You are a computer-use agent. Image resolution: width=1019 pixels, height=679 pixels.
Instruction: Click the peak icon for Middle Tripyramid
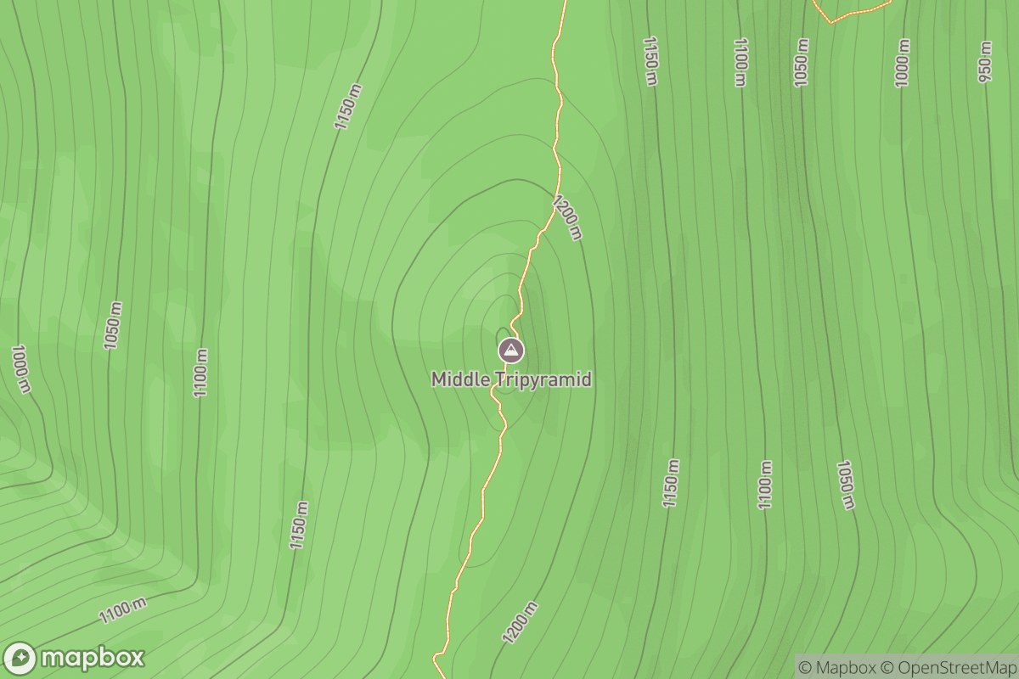pyautogui.click(x=510, y=350)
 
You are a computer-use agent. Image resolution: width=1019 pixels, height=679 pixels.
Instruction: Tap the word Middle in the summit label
pyautogui.click(x=459, y=379)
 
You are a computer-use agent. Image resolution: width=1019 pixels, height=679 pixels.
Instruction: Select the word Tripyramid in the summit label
pyautogui.click(x=542, y=379)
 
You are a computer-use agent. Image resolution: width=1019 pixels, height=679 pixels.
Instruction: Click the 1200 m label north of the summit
pyautogui.click(x=567, y=217)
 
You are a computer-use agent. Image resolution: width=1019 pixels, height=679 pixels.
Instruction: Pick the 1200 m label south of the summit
pyautogui.click(x=520, y=622)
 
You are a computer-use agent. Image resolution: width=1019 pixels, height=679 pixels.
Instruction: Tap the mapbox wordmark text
pyautogui.click(x=93, y=658)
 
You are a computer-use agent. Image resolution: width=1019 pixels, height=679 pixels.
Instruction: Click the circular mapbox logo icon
pyautogui.click(x=20, y=659)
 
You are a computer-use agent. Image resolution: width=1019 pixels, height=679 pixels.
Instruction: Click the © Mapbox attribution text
pyautogui.click(x=837, y=667)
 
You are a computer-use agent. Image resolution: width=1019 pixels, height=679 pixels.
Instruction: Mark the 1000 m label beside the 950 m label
pyautogui.click(x=902, y=62)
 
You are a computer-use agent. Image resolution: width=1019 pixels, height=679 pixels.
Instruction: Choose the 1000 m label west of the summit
pyautogui.click(x=21, y=368)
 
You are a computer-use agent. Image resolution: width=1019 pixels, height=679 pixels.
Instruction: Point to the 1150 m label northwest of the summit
pyautogui.click(x=347, y=106)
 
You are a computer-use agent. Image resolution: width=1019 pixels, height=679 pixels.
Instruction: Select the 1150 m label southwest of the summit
pyautogui.click(x=298, y=525)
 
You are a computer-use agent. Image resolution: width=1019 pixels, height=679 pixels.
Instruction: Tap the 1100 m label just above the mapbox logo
pyautogui.click(x=123, y=610)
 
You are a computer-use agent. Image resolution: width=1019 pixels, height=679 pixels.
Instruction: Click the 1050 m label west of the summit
pyautogui.click(x=113, y=325)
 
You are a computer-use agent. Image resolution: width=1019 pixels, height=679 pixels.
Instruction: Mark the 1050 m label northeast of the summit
pyautogui.click(x=801, y=62)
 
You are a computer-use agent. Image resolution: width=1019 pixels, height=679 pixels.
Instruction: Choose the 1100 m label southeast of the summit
pyautogui.click(x=765, y=485)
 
